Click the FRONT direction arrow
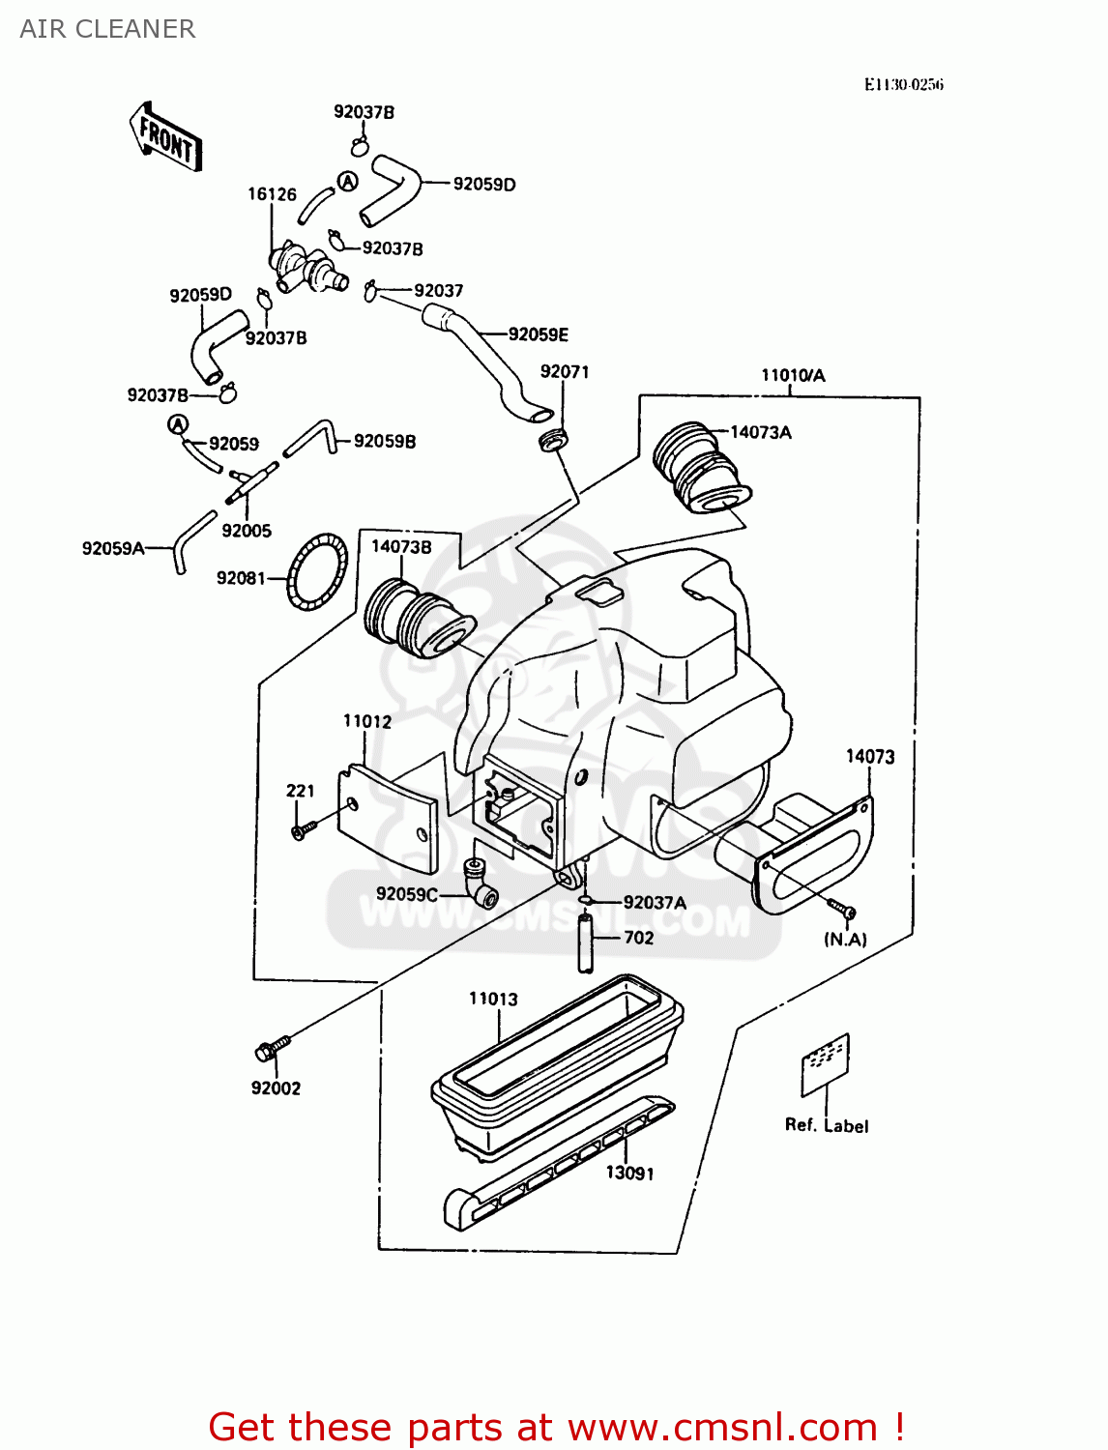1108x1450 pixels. tap(165, 138)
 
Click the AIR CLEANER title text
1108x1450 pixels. tap(107, 29)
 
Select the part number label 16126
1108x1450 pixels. tap(272, 194)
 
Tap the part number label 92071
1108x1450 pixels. tap(564, 372)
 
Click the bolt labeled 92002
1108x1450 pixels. tap(272, 1048)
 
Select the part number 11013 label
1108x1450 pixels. tap(493, 999)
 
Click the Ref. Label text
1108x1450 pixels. tap(826, 1125)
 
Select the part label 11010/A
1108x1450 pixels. tap(793, 375)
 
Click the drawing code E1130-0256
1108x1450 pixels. tap(903, 84)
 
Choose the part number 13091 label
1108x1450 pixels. tap(629, 1173)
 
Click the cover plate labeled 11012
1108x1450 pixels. tap(387, 817)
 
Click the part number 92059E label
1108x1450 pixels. tap(538, 334)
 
